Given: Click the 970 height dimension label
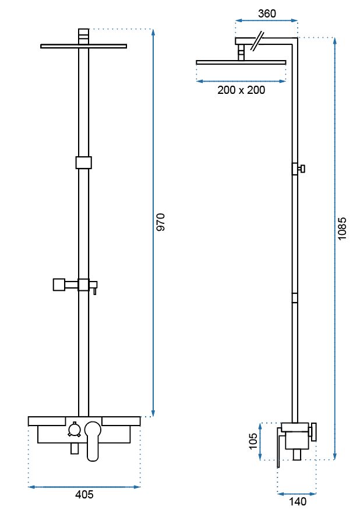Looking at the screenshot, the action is tap(161, 222).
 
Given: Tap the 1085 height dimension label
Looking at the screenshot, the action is tap(342, 229).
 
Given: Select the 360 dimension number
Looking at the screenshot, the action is tap(267, 13).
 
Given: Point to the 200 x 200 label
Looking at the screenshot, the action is tap(241, 90).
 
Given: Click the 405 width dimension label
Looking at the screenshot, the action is tap(84, 494).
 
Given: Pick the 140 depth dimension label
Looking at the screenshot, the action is tap(298, 501).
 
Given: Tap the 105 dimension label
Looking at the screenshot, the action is tap(253, 441).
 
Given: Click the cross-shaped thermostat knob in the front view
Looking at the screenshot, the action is tap(74, 430).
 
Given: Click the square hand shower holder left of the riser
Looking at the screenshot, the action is tap(59, 284).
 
